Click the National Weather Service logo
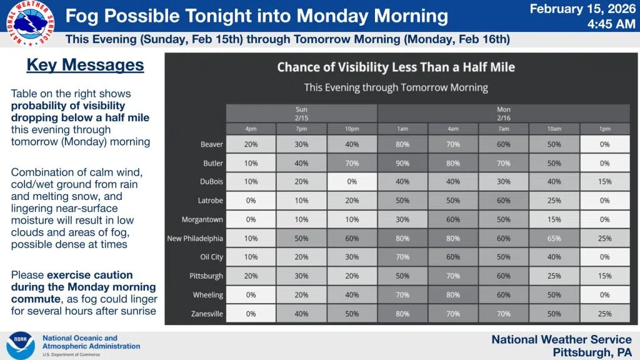(30, 23)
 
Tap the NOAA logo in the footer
(21, 346)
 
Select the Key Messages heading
(85, 65)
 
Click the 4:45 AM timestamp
(611, 24)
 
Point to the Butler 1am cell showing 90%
(402, 163)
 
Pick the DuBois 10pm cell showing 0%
(352, 182)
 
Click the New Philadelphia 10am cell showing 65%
(554, 238)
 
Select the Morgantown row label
(202, 219)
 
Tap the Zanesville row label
(207, 314)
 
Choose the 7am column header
(504, 129)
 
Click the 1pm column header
(604, 129)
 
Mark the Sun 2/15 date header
(302, 114)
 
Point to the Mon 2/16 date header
(504, 114)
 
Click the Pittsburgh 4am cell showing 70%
(453, 276)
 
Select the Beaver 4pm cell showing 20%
(251, 144)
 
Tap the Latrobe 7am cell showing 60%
(504, 201)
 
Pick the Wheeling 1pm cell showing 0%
(604, 295)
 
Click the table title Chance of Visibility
(396, 67)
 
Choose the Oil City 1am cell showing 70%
(402, 257)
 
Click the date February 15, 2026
(582, 9)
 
